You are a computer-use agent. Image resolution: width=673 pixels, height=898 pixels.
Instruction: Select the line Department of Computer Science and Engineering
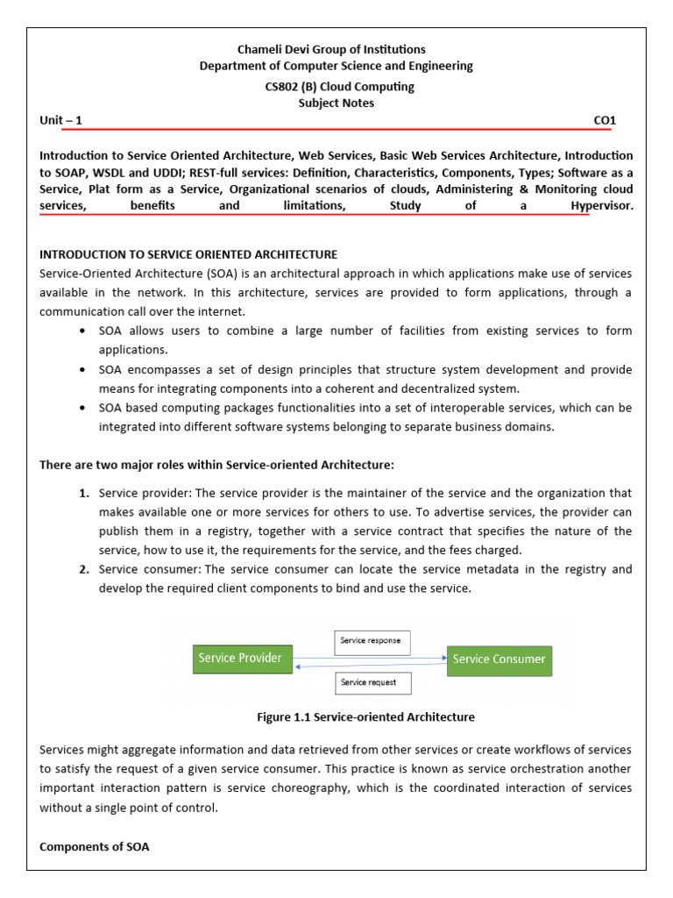click(336, 66)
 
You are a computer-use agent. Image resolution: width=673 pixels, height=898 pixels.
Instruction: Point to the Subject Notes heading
click(336, 103)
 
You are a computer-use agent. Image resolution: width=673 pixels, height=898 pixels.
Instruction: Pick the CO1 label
click(606, 120)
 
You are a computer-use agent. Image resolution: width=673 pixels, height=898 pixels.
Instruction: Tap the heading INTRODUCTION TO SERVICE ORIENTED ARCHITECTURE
click(188, 254)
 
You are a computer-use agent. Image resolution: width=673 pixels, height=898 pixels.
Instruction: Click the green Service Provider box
click(242, 659)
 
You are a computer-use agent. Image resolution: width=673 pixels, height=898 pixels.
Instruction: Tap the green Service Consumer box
click(499, 659)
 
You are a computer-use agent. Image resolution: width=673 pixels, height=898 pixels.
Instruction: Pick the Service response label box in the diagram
click(372, 641)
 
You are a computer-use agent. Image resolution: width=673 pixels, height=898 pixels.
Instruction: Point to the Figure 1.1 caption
click(365, 717)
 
